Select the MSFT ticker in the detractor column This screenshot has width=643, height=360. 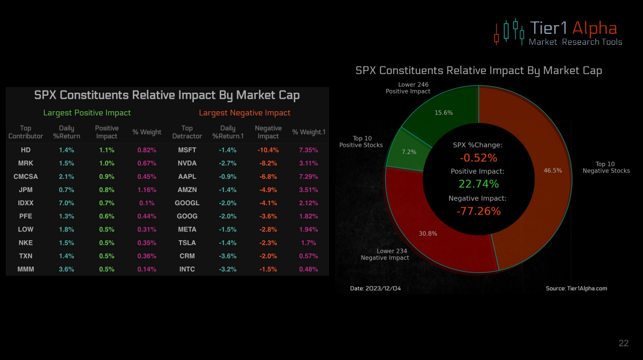point(187,150)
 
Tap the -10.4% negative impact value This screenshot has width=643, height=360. point(268,150)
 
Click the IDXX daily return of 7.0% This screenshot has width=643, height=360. point(66,203)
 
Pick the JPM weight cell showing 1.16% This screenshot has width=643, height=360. point(147,190)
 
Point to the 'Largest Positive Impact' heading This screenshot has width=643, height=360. point(87,113)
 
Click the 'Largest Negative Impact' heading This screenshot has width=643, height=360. point(245,113)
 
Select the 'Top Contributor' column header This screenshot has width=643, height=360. point(26,132)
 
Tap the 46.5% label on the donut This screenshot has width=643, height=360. point(552,170)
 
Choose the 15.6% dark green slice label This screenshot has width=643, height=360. point(444,113)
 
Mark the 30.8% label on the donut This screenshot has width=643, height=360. point(428,233)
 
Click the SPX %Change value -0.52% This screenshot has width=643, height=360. point(479,158)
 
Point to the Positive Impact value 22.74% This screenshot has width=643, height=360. point(479,184)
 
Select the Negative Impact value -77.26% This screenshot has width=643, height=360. point(479,211)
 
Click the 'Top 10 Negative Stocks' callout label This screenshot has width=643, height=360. point(606,167)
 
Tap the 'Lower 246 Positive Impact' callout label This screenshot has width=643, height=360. point(407,88)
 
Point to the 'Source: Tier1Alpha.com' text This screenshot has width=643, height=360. point(576,288)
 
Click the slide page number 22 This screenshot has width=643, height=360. point(624,343)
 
